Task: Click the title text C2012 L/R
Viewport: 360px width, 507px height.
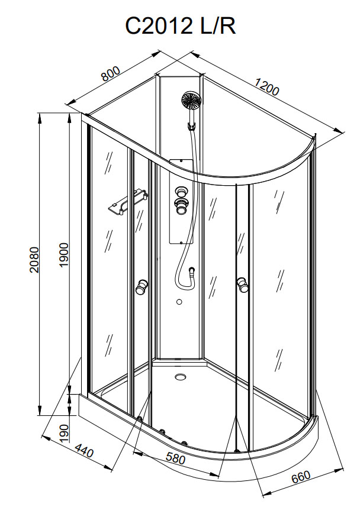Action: (x=181, y=26)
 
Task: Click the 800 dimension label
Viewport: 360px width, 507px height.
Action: (x=111, y=74)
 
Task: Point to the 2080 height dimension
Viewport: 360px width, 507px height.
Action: (x=34, y=260)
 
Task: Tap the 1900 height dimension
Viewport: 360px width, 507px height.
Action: (x=64, y=255)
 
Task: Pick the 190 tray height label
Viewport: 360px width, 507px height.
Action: (x=65, y=433)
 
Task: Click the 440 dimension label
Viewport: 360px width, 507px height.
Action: (x=84, y=450)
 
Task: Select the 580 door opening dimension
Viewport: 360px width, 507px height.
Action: (x=175, y=458)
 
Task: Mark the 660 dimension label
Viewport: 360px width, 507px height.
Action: (x=301, y=477)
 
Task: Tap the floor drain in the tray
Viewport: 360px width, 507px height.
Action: (x=180, y=377)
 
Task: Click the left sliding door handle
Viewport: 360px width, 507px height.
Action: (x=142, y=286)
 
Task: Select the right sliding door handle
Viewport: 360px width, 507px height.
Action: (x=243, y=285)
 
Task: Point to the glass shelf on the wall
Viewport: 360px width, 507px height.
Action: (x=127, y=202)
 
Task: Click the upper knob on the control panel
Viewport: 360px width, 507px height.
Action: (x=181, y=192)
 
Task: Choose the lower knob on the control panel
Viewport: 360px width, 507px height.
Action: (x=181, y=206)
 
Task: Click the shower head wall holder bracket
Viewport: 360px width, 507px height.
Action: (x=192, y=125)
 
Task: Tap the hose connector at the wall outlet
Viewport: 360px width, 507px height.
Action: (x=192, y=270)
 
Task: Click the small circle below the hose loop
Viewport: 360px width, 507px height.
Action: (x=179, y=302)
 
